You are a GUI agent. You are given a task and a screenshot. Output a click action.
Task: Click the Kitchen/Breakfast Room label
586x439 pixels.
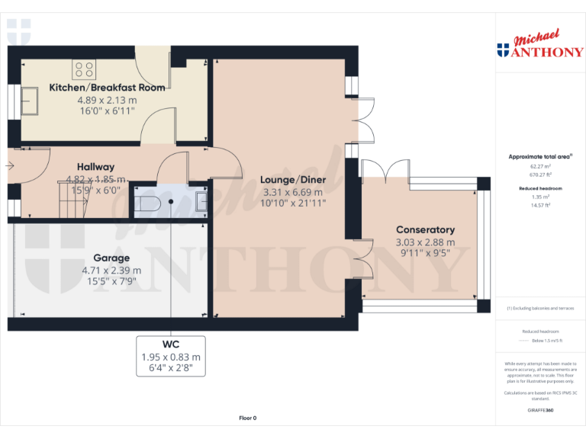(x=107, y=88)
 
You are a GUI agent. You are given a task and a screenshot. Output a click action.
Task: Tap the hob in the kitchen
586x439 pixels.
(x=85, y=70)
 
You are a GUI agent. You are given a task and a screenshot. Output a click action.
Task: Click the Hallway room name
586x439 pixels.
(x=95, y=167)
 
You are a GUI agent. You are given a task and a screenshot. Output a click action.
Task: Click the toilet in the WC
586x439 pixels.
(x=146, y=203)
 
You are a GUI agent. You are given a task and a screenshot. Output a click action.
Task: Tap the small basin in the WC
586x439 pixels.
(x=201, y=201)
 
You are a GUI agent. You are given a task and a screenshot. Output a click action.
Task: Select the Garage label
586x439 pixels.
(x=111, y=258)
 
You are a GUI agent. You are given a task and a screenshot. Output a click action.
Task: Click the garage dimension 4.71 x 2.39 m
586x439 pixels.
(x=111, y=270)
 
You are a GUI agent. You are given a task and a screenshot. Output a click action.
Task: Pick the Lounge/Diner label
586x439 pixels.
(x=294, y=180)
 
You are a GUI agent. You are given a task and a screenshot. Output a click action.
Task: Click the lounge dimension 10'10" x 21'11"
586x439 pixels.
(x=294, y=203)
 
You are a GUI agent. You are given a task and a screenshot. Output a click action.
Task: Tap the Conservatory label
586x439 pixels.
(x=425, y=229)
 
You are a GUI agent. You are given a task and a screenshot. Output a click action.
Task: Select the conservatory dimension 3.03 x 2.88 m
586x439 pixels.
(x=425, y=242)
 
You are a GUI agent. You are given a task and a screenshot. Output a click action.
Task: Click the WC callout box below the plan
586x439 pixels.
(x=170, y=356)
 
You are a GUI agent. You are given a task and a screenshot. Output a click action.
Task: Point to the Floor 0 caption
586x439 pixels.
(x=248, y=418)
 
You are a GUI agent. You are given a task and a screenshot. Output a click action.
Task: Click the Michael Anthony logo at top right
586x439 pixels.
(x=539, y=46)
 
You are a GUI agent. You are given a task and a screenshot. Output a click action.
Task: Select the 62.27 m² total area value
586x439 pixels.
(x=540, y=165)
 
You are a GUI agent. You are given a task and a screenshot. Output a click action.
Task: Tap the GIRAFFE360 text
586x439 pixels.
(x=540, y=410)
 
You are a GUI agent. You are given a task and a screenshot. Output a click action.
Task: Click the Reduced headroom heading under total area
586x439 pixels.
(x=540, y=187)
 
